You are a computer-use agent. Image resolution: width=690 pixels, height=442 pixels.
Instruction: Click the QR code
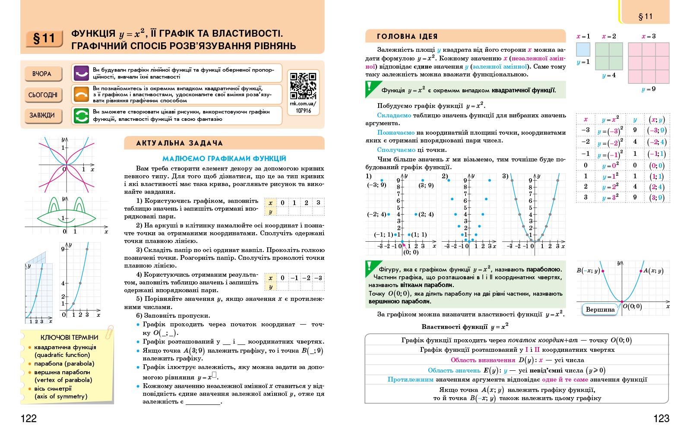(303, 86)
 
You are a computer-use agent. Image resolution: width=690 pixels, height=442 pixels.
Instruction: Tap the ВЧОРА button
(42, 74)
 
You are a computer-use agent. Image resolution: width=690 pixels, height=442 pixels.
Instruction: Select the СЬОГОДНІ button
(43, 95)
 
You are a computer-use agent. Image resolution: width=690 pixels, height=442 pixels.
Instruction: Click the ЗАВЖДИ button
(42, 115)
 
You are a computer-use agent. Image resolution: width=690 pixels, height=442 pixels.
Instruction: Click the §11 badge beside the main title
(44, 39)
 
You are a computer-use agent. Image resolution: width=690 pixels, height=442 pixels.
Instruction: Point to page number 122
(28, 418)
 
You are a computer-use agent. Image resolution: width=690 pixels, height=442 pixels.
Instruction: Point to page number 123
(661, 418)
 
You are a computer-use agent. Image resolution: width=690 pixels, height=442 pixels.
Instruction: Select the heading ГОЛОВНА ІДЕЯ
(407, 36)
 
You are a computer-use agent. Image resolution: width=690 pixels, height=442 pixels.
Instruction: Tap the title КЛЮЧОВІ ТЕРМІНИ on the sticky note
(69, 337)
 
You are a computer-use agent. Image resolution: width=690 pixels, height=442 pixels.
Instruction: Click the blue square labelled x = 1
(583, 49)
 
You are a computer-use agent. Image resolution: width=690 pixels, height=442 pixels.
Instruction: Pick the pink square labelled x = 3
(649, 63)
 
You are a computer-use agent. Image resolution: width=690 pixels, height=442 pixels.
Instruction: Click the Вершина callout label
(600, 309)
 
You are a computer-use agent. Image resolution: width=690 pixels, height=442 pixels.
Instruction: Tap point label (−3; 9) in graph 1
(377, 185)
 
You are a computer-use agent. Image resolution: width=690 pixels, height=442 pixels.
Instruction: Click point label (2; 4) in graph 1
(426, 214)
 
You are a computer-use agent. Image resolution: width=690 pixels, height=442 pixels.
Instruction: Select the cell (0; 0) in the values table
(657, 165)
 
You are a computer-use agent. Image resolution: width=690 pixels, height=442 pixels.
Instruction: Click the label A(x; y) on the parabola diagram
(653, 271)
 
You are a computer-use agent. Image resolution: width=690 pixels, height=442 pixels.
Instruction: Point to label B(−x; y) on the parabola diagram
(588, 271)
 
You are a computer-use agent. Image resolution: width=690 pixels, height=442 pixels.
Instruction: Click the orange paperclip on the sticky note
(109, 332)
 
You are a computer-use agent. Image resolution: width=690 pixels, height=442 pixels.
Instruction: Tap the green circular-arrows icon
(81, 116)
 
